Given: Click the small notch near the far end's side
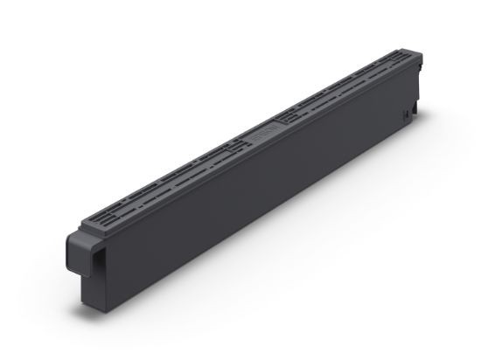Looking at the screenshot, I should pos(405,114).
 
